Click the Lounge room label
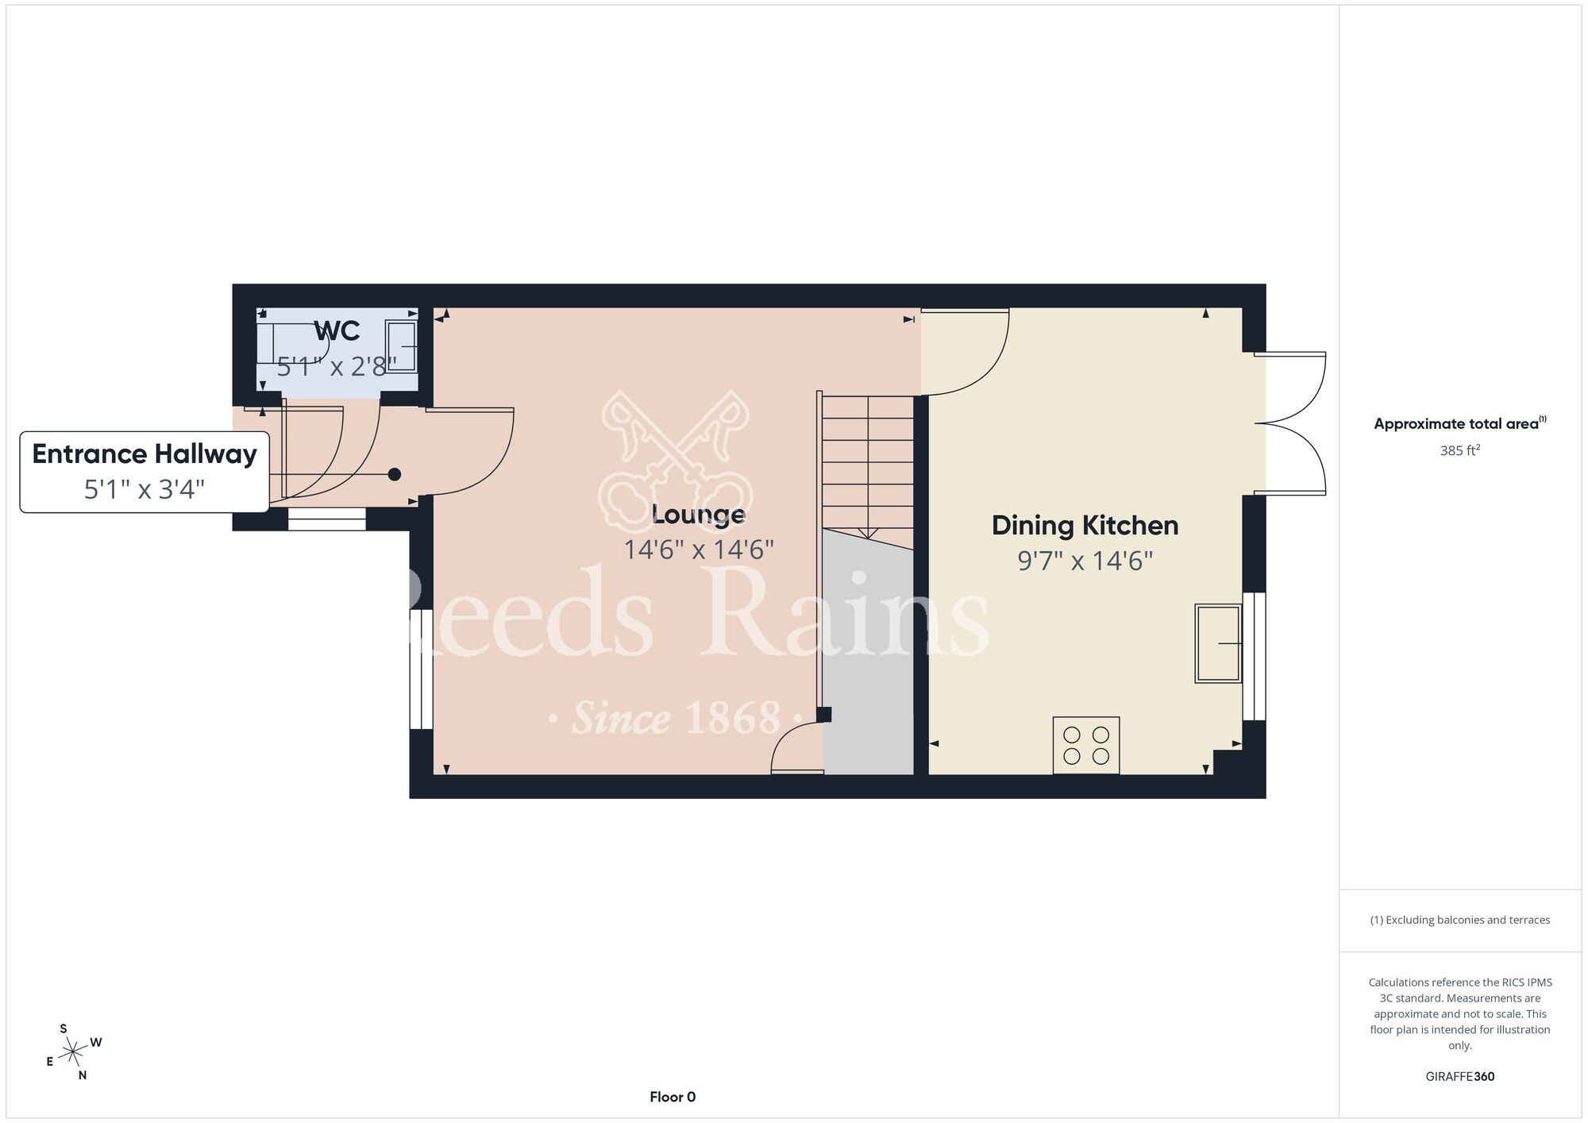click(x=698, y=515)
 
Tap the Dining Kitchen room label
click(x=1085, y=525)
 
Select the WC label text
click(x=337, y=330)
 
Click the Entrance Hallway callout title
click(x=145, y=454)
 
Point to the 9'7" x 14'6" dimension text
click(x=1085, y=561)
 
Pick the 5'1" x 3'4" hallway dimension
click(x=145, y=488)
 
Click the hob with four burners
click(x=1086, y=745)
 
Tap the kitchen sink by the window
click(x=1218, y=643)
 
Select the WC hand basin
click(x=401, y=345)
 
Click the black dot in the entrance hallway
click(x=395, y=474)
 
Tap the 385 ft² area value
click(x=1460, y=450)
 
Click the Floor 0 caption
click(x=673, y=1097)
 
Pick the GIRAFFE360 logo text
click(x=1460, y=1077)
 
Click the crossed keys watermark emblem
click(x=676, y=461)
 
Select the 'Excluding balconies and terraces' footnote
click(x=1460, y=920)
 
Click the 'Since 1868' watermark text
click(x=677, y=718)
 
